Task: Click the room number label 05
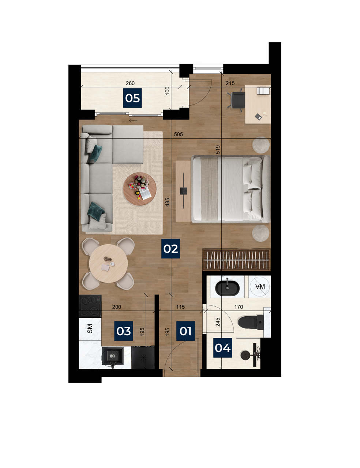click(x=132, y=98)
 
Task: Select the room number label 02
click(x=170, y=249)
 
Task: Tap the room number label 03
click(x=123, y=331)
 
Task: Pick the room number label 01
click(x=185, y=331)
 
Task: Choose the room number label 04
click(x=222, y=348)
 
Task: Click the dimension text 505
click(x=178, y=134)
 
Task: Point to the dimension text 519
click(x=218, y=150)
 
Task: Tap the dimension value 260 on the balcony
click(x=130, y=83)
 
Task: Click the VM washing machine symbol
click(x=260, y=286)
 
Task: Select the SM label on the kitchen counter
click(x=90, y=329)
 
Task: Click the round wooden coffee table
click(x=140, y=189)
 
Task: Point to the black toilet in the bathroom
click(x=251, y=322)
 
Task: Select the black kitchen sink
click(x=112, y=356)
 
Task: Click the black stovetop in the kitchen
click(x=90, y=306)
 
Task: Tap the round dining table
click(x=108, y=263)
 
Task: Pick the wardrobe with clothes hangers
click(x=236, y=260)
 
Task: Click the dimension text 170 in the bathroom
click(x=239, y=307)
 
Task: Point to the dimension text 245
click(x=218, y=322)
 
